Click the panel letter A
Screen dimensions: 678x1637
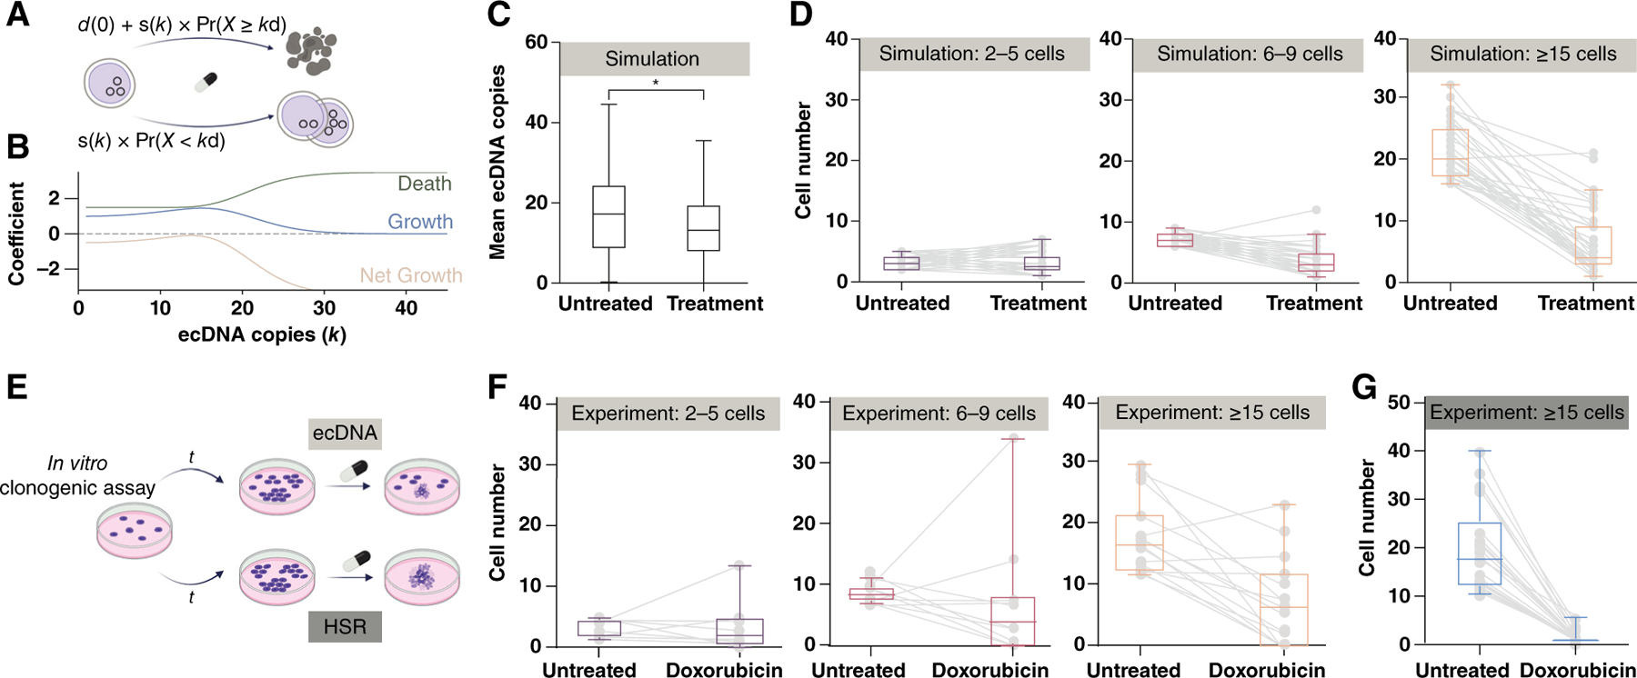tap(17, 15)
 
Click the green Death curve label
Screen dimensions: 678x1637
tap(424, 184)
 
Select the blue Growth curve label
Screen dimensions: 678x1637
tap(419, 222)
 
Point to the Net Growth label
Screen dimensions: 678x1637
tap(410, 275)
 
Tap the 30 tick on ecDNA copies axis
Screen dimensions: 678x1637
tap(324, 308)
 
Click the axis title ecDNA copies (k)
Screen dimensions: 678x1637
tap(262, 334)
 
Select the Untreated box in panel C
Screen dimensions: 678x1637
tap(608, 216)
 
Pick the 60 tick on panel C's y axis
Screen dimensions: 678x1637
tap(537, 43)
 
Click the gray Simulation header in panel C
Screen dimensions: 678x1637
tap(653, 59)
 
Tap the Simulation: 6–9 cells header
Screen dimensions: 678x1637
tap(1249, 55)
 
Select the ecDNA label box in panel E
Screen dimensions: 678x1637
tap(345, 433)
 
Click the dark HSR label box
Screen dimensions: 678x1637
tap(345, 626)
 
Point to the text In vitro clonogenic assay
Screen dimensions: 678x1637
tap(77, 475)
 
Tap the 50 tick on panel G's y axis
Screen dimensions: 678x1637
tap(1399, 403)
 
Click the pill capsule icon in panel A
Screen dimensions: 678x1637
tap(206, 83)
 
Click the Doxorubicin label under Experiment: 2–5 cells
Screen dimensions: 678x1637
tap(724, 671)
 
